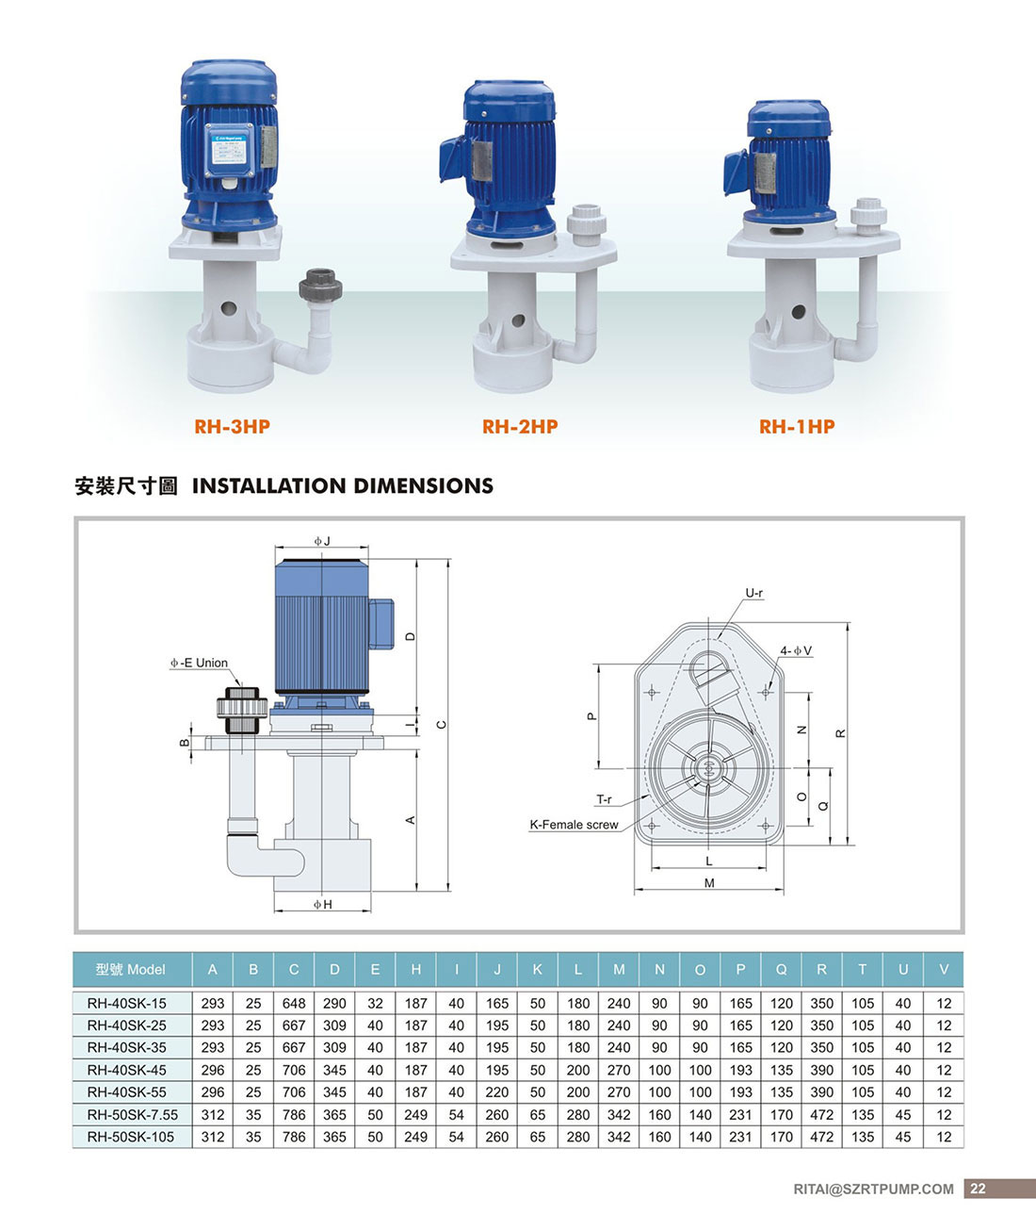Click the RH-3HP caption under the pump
coord(232,427)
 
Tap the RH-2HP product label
coord(519,427)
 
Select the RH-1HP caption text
coord(797,427)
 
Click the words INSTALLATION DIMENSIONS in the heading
coord(343,486)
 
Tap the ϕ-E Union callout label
coord(199,664)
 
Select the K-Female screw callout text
coord(574,825)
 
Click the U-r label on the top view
coord(754,594)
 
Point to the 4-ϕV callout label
coord(795,651)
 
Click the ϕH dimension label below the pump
coord(323,905)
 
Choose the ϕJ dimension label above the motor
coord(322,541)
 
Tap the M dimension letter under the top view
coord(709,883)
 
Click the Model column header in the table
coord(131,970)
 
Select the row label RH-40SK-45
coord(131,1070)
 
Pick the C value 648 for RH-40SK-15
coord(294,1004)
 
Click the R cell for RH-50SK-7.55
coord(822,1115)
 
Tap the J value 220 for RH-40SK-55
coord(497,1092)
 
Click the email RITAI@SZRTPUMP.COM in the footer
coord(873,1189)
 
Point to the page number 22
coord(978,1189)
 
